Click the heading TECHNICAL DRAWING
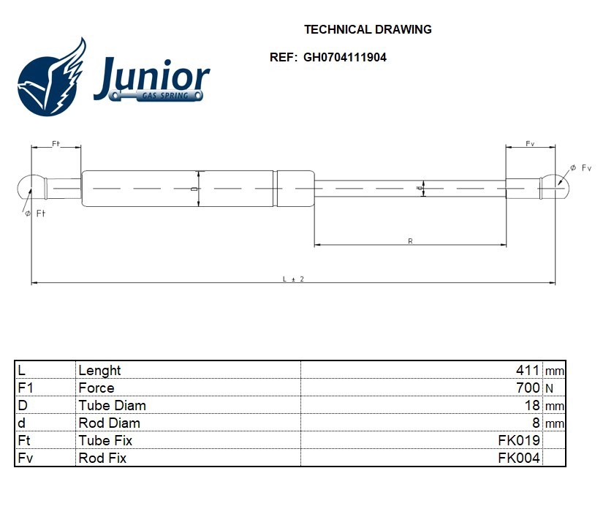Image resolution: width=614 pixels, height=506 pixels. (x=367, y=30)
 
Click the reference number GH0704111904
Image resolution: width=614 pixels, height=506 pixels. (x=344, y=58)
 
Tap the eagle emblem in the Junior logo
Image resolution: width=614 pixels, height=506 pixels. (x=51, y=79)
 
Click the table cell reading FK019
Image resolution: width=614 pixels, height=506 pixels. (x=519, y=440)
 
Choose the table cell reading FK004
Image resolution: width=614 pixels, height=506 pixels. (x=519, y=458)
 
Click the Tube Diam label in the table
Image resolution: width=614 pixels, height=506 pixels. (x=112, y=406)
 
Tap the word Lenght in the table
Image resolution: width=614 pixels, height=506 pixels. (x=99, y=371)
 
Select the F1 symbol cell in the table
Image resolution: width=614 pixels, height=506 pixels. (x=25, y=388)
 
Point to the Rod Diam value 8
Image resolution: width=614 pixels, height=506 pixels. (x=536, y=423)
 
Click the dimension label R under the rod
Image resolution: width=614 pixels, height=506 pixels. (x=410, y=241)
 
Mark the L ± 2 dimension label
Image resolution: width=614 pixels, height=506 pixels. (x=292, y=279)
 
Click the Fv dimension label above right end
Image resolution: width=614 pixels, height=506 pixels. (x=530, y=144)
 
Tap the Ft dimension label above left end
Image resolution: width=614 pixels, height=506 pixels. (x=56, y=144)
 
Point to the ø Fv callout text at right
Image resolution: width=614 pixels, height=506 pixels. (x=580, y=168)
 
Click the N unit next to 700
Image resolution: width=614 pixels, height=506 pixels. (x=549, y=389)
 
